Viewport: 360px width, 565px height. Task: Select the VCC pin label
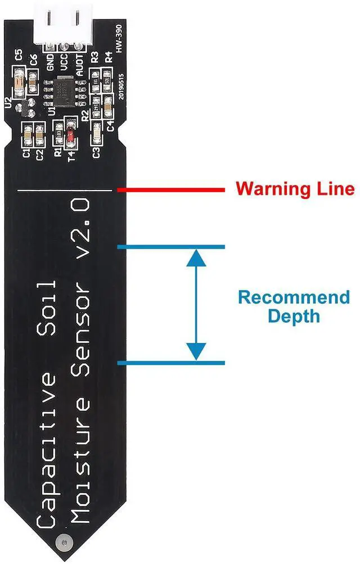[65, 60]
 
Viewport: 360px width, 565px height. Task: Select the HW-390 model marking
[119, 43]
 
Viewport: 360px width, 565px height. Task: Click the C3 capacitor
[97, 132]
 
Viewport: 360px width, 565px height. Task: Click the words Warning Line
[295, 188]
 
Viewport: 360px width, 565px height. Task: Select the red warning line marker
[171, 191]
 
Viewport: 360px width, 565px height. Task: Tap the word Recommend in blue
[293, 297]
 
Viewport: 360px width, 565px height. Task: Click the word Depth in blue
[293, 316]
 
